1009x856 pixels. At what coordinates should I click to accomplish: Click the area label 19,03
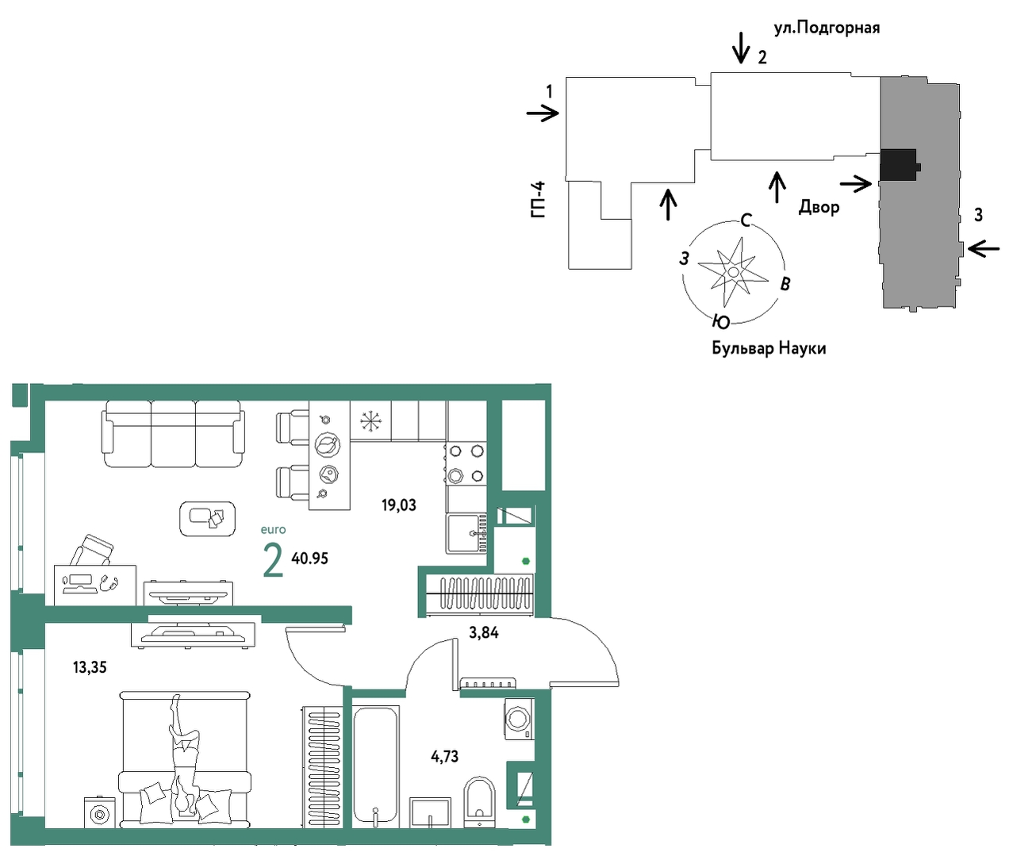coord(398,505)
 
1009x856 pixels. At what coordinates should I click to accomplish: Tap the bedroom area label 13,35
coord(90,667)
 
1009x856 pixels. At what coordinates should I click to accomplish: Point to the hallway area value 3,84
coord(483,633)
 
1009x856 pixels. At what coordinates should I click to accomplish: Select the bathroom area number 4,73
coord(444,756)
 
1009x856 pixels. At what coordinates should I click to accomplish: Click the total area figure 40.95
coord(309,559)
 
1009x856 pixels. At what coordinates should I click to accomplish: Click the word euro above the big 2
coord(274,530)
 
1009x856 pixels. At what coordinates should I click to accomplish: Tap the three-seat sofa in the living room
coord(173,434)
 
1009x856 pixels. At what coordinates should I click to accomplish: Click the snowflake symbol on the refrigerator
coord(371,421)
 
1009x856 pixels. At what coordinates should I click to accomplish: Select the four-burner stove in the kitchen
coord(466,464)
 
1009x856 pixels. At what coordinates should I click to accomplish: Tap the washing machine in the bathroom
coord(520,719)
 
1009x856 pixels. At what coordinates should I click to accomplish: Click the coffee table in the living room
coord(208,519)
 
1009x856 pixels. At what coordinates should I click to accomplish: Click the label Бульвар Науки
coord(769,348)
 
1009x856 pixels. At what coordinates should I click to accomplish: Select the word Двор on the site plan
coord(819,207)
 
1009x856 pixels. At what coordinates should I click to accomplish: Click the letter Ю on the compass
coord(721,322)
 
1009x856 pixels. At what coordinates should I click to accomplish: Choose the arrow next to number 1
coord(543,113)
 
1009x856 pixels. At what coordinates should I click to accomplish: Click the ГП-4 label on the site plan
coord(539,200)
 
